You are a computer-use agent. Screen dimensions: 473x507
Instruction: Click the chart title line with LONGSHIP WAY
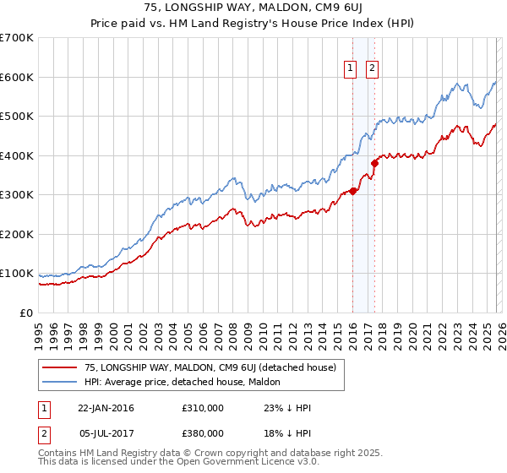253,8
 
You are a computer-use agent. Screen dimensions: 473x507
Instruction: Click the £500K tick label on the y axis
17,116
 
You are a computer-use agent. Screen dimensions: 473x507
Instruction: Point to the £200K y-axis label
17,234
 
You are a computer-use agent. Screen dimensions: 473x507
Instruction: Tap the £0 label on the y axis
25,313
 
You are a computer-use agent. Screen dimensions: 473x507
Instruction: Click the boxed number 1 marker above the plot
350,70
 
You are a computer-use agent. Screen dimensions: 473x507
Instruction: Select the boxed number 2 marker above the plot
372,70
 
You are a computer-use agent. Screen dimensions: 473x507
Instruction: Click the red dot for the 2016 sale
352,191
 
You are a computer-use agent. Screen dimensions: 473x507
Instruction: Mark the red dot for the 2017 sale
374,163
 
